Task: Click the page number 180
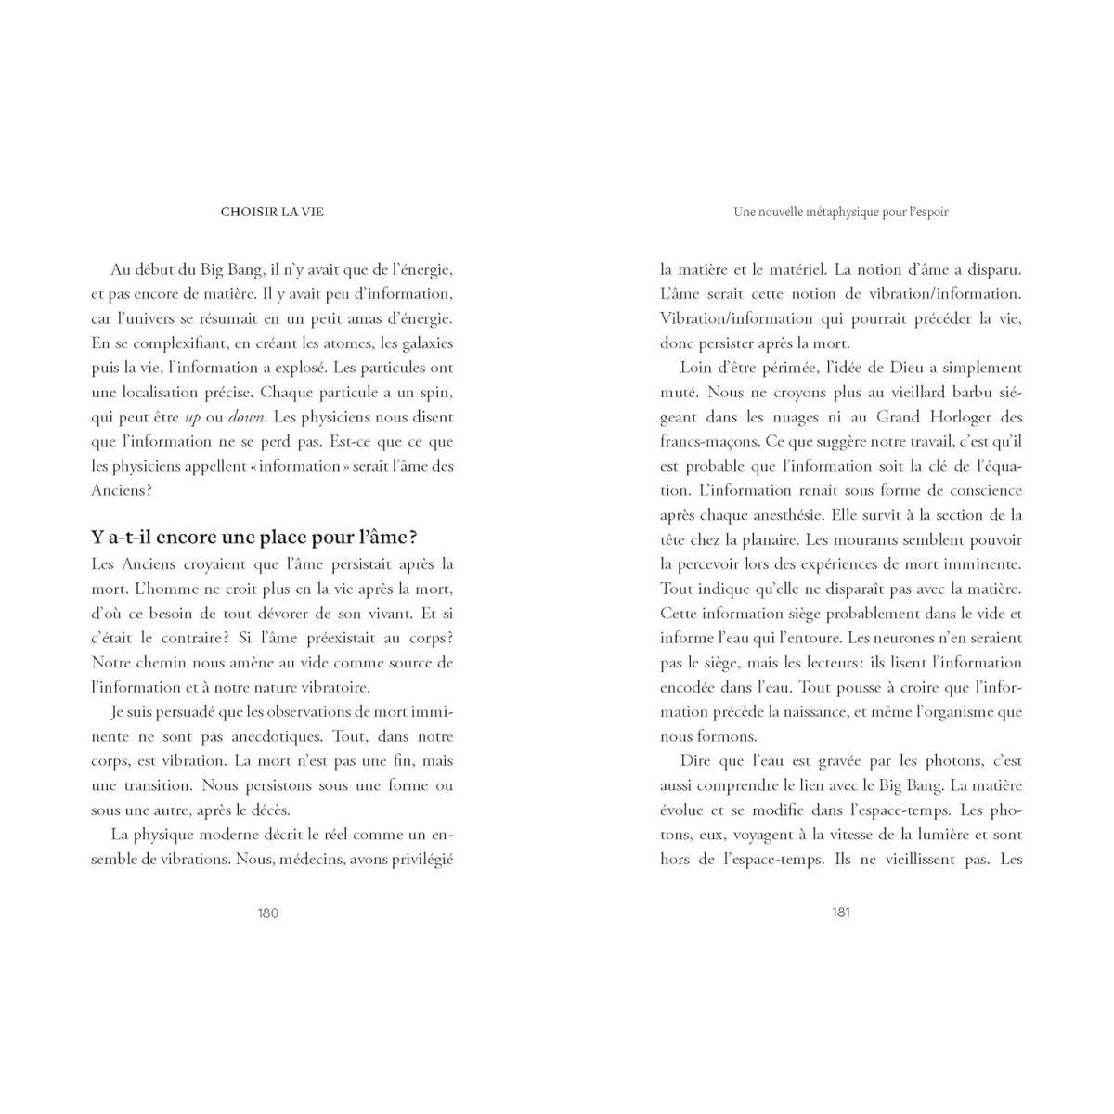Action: click(267, 913)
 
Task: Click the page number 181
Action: click(841, 912)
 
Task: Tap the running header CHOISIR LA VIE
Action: click(272, 212)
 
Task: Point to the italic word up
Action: click(192, 418)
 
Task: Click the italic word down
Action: click(247, 418)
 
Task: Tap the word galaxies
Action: click(426, 343)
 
